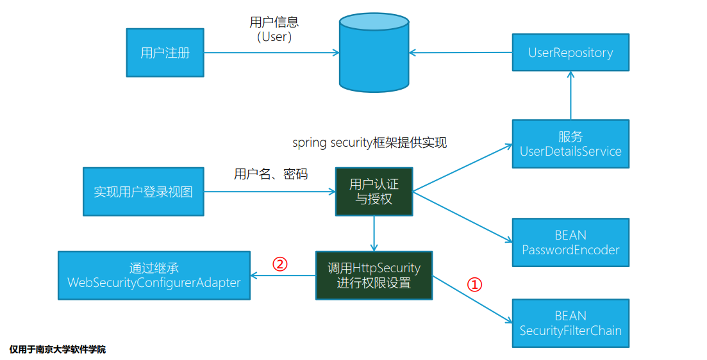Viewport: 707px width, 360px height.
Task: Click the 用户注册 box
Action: click(165, 53)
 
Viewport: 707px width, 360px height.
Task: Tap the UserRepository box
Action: click(570, 53)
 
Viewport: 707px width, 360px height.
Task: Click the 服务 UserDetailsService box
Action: click(570, 144)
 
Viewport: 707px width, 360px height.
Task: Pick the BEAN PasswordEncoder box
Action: click(570, 242)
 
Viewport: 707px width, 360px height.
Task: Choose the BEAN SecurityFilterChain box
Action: click(570, 323)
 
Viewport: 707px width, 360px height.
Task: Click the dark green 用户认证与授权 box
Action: click(374, 192)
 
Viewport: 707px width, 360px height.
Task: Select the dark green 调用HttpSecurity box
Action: click(374, 275)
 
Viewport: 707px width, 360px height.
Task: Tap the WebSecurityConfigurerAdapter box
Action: click(154, 275)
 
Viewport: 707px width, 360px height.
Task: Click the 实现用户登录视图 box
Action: click(143, 192)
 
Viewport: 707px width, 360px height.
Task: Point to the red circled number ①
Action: click(473, 284)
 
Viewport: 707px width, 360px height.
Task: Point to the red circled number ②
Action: click(279, 264)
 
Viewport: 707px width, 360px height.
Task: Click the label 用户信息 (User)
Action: click(274, 29)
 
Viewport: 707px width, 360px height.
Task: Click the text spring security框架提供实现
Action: click(369, 143)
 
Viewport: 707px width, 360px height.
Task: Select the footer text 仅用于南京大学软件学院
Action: click(58, 350)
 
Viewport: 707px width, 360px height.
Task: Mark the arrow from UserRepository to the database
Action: click(460, 53)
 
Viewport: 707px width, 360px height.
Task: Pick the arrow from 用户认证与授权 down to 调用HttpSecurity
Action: click(374, 233)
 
